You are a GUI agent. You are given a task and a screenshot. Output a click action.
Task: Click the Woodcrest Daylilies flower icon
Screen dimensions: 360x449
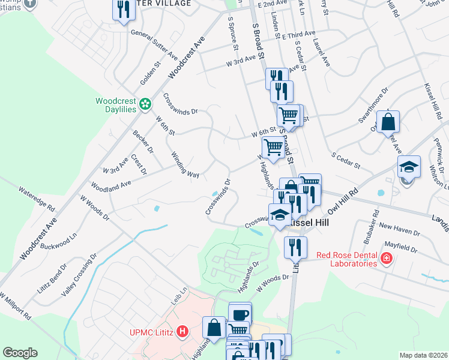[145, 105]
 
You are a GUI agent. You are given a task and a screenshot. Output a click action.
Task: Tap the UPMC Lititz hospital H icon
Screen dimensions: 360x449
[182, 331]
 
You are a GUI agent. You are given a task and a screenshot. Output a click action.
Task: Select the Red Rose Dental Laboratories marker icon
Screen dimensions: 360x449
[387, 259]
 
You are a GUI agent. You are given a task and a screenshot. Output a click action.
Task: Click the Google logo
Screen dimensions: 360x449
[20, 353]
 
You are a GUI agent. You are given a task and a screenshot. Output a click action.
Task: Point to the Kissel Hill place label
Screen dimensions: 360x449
[307, 222]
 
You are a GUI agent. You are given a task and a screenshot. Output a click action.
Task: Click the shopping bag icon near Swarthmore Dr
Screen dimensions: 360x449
[388, 122]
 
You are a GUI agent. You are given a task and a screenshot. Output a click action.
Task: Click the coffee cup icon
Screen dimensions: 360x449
[240, 314]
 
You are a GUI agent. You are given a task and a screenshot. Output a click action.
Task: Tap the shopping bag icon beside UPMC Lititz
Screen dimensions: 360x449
[214, 327]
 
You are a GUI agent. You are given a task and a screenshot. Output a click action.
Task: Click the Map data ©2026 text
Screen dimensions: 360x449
[423, 355]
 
